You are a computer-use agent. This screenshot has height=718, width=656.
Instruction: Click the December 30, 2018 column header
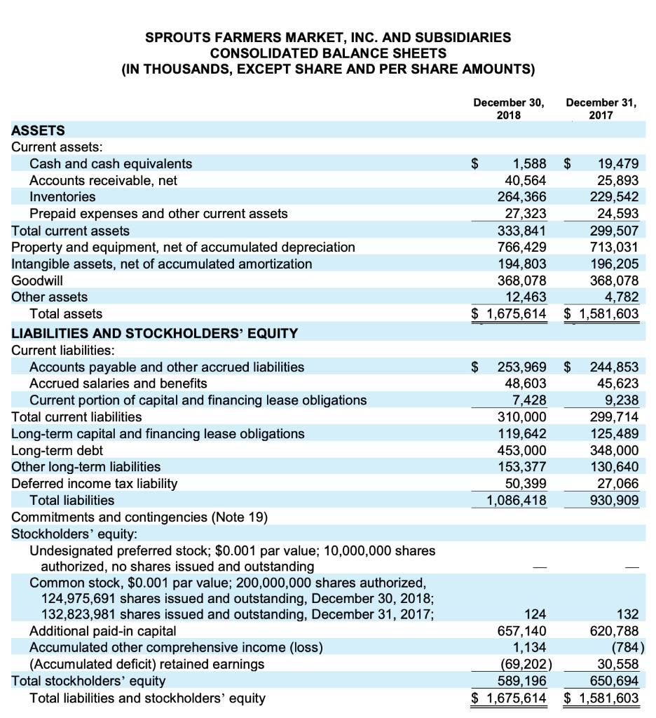[x=508, y=108]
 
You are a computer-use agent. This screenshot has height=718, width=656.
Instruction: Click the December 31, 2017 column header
[x=601, y=108]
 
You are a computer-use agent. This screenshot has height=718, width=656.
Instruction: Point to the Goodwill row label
[x=37, y=280]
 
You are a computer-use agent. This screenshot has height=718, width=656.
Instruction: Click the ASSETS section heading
[x=39, y=130]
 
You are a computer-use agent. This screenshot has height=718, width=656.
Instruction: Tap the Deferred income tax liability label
[x=95, y=483]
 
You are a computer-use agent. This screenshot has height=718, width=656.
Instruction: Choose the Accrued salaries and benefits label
[x=118, y=384]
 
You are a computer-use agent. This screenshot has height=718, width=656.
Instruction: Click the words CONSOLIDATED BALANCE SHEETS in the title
[x=328, y=53]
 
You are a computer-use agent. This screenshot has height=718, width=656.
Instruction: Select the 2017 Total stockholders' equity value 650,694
[x=613, y=679]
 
